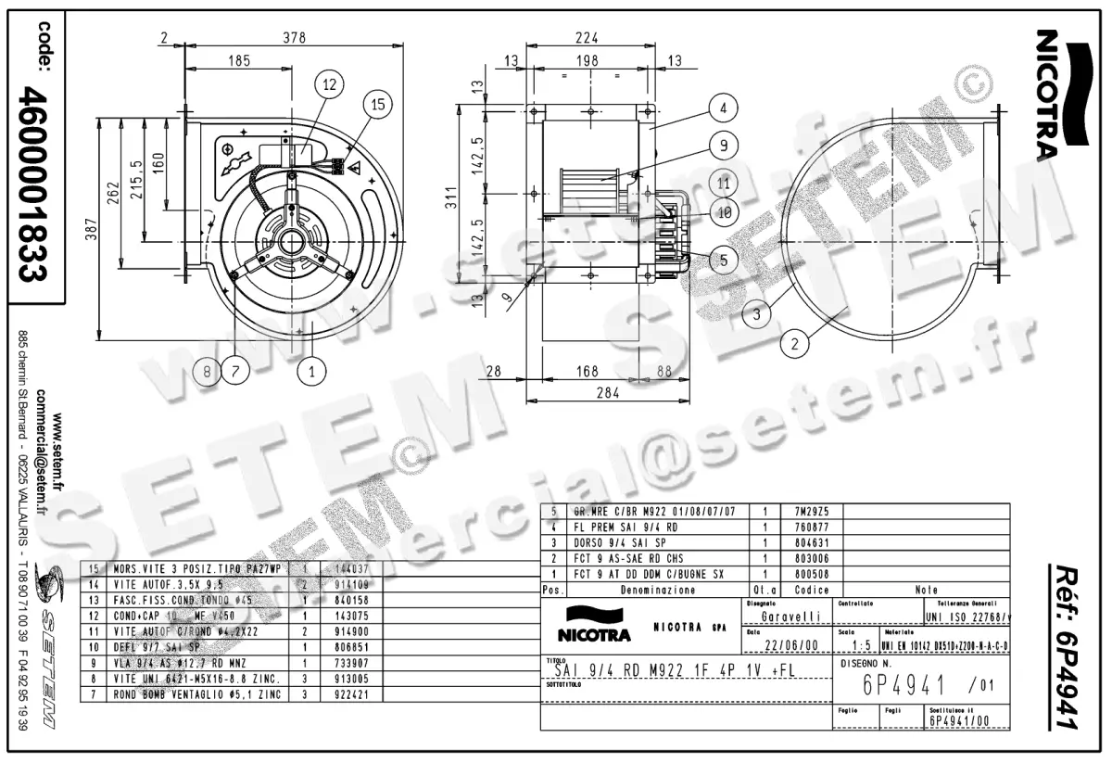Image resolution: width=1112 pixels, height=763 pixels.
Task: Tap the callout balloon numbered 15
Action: pos(376,104)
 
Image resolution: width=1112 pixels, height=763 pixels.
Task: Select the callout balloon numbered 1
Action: pos(312,372)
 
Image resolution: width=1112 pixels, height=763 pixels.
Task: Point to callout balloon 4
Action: pos(724,108)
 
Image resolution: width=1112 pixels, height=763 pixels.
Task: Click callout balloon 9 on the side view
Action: pos(724,145)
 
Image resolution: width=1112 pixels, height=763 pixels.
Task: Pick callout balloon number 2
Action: pos(794,344)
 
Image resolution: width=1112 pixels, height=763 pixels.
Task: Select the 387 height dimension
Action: pos(90,235)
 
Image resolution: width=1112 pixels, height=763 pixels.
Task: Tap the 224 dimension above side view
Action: pos(586,37)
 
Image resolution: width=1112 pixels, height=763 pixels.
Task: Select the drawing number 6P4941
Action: pos(904,686)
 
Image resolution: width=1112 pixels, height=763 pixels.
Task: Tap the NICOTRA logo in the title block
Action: pos(594,627)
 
